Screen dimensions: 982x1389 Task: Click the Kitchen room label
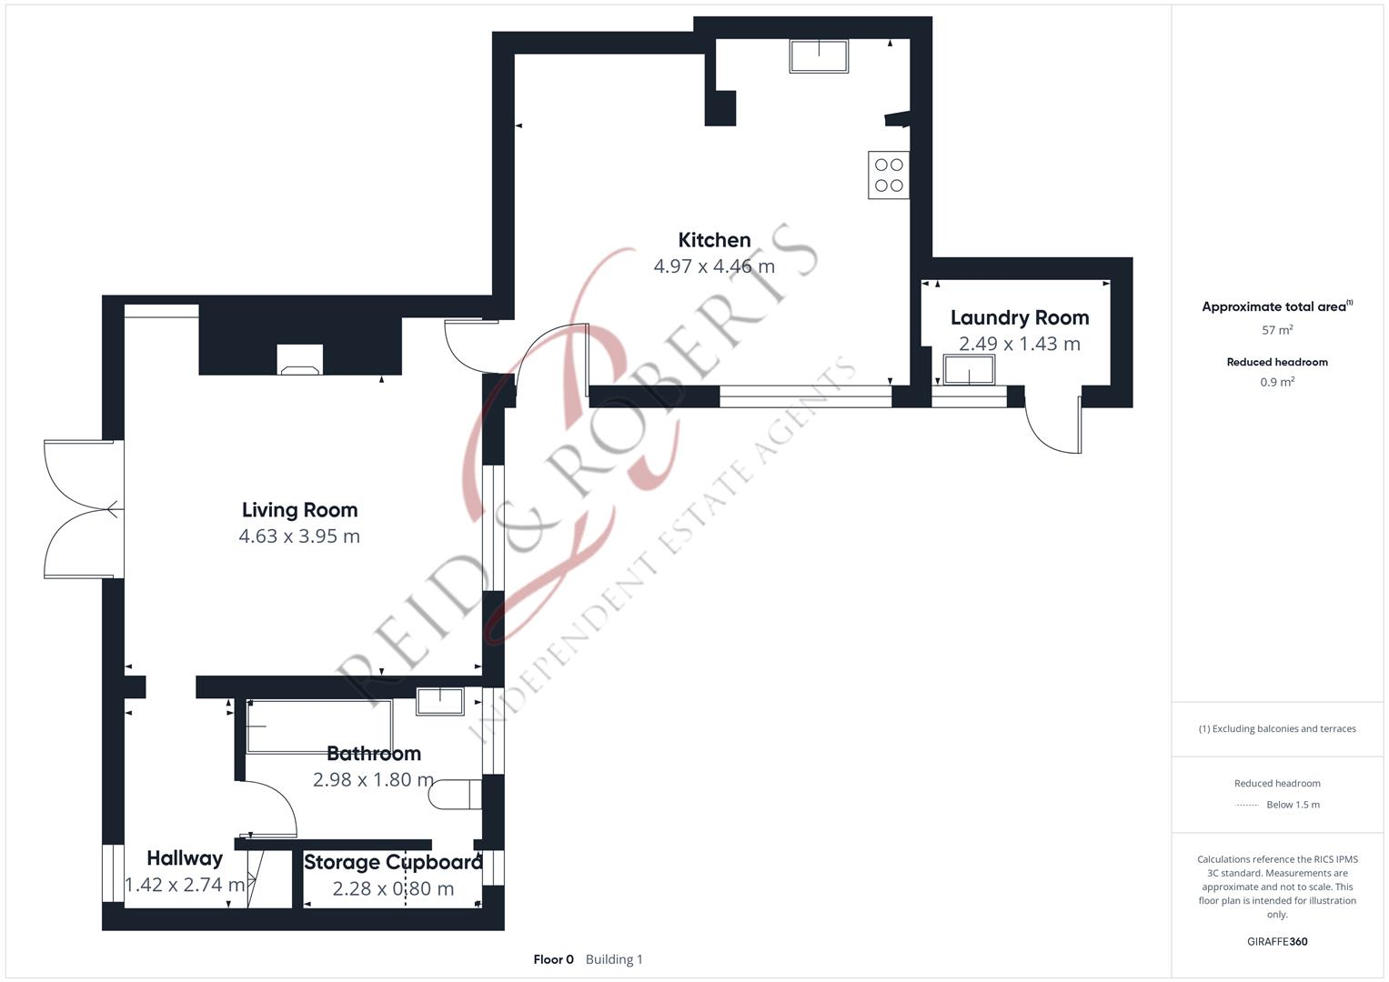[714, 240]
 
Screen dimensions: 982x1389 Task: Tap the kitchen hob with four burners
[889, 175]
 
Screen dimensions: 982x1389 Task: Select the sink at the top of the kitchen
[819, 56]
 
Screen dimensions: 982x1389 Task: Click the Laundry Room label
[1019, 317]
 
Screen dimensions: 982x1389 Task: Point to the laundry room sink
[969, 370]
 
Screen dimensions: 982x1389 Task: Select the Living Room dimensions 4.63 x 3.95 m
[299, 536]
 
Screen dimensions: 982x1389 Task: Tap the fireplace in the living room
[299, 359]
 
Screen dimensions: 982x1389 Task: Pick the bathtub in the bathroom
[318, 726]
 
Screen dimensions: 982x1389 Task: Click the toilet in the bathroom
[455, 794]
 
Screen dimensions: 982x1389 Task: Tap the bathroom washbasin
[440, 701]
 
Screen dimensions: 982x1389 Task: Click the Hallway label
[185, 858]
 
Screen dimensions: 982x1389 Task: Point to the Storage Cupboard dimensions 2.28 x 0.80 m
[393, 889]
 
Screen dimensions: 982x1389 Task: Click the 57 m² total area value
[1277, 330]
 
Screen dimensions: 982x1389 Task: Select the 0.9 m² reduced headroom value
[1277, 382]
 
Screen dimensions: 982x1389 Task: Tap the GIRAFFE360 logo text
[1277, 941]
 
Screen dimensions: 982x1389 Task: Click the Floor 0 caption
[553, 959]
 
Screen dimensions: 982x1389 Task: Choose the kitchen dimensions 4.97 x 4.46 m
[714, 266]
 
